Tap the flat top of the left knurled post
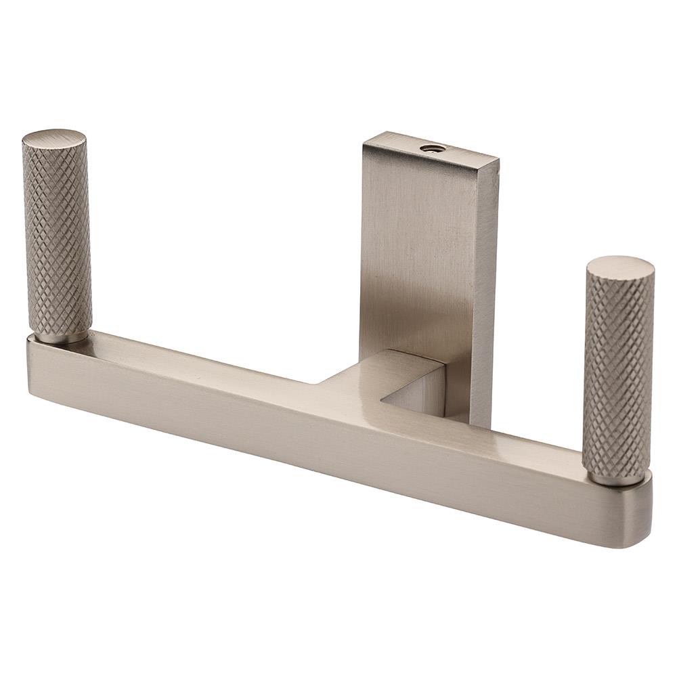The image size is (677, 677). point(54,138)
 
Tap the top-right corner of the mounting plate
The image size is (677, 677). point(498,160)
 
